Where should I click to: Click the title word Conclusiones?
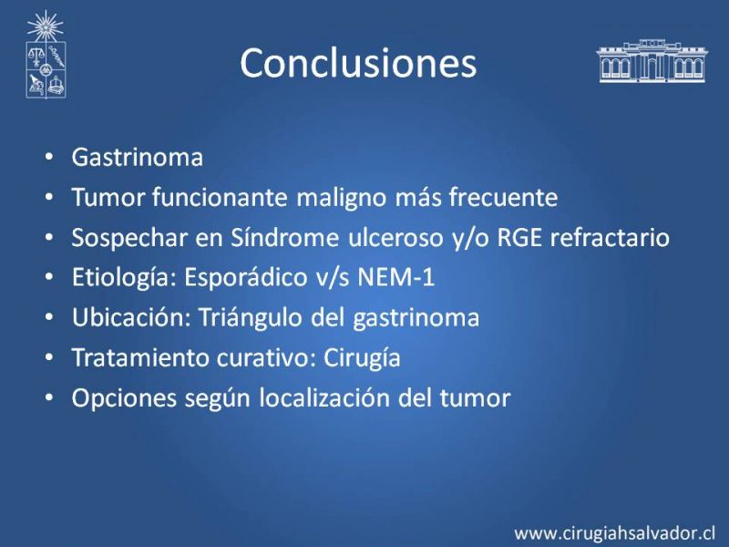click(x=358, y=63)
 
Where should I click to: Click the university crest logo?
click(x=46, y=55)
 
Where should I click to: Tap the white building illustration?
click(x=652, y=61)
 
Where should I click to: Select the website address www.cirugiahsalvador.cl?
click(x=614, y=532)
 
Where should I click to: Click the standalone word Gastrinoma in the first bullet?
click(x=138, y=157)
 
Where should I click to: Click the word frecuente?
click(x=503, y=197)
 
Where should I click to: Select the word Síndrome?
click(x=284, y=237)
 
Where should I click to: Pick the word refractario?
click(x=610, y=237)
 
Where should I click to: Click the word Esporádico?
click(x=245, y=279)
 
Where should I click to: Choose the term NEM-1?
click(x=395, y=277)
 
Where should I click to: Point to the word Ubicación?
click(x=131, y=317)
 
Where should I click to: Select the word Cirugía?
click(x=362, y=358)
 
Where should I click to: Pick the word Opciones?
click(x=124, y=399)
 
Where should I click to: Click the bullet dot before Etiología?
click(x=49, y=277)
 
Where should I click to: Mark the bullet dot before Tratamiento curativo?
click(x=49, y=357)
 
